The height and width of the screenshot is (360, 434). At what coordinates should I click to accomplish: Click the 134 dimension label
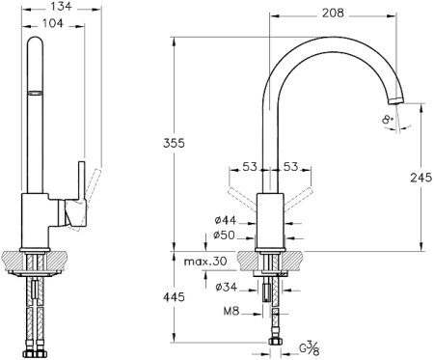coord(62,6)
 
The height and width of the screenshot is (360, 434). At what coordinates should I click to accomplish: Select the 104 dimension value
coord(53,23)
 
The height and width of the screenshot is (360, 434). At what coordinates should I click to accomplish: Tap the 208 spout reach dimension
coord(333,13)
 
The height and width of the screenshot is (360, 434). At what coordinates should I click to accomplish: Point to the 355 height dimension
coord(174,143)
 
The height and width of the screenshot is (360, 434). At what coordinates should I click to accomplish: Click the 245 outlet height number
coord(421,178)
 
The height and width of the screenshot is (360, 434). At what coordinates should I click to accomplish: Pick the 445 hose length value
coord(174,296)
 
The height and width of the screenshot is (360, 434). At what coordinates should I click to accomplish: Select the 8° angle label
coord(388,120)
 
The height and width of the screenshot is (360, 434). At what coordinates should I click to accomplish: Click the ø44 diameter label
coord(226,220)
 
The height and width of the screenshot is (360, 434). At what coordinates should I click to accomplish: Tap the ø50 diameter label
coord(224,235)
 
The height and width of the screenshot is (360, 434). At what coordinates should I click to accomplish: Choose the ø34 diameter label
coord(227,287)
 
